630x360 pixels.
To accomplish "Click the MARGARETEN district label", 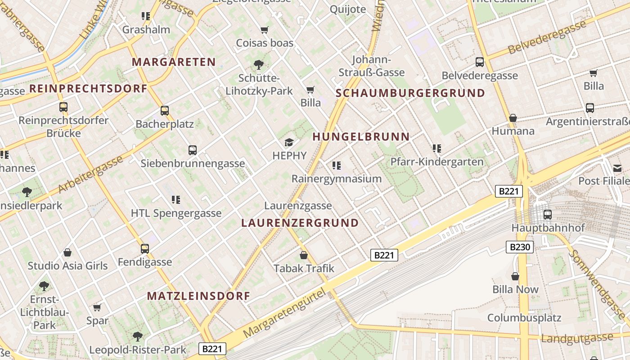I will pos(174,62).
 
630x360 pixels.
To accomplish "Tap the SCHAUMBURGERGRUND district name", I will pos(410,94).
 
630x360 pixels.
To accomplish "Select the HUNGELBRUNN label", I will pos(361,137).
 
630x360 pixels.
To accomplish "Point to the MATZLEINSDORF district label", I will pos(198,296).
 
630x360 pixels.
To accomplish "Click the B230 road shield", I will pos(520,247).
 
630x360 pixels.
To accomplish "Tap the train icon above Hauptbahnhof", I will pos(548,215).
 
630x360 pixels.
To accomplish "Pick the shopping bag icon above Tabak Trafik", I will pos(304,256).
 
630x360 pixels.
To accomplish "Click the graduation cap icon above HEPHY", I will pos(289,143).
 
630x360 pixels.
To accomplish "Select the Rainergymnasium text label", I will pos(337,179).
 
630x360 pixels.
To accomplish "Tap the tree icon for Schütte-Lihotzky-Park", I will pos(259,65).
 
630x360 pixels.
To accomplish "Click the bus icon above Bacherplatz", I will pos(165,111).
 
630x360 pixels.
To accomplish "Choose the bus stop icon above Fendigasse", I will pos(145,249).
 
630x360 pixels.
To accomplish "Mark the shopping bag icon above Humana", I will pos(513,118).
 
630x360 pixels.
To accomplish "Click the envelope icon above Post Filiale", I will pos(617,168).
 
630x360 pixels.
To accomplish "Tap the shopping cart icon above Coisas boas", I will pos(265,30).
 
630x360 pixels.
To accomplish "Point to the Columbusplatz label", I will pos(524,318).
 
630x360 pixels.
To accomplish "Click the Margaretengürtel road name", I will pos(284,314).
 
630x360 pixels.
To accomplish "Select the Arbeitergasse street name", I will pos(90,175).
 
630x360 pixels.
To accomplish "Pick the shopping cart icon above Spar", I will pos(97,308).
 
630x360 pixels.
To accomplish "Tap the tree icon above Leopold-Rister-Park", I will pos(138,336).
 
